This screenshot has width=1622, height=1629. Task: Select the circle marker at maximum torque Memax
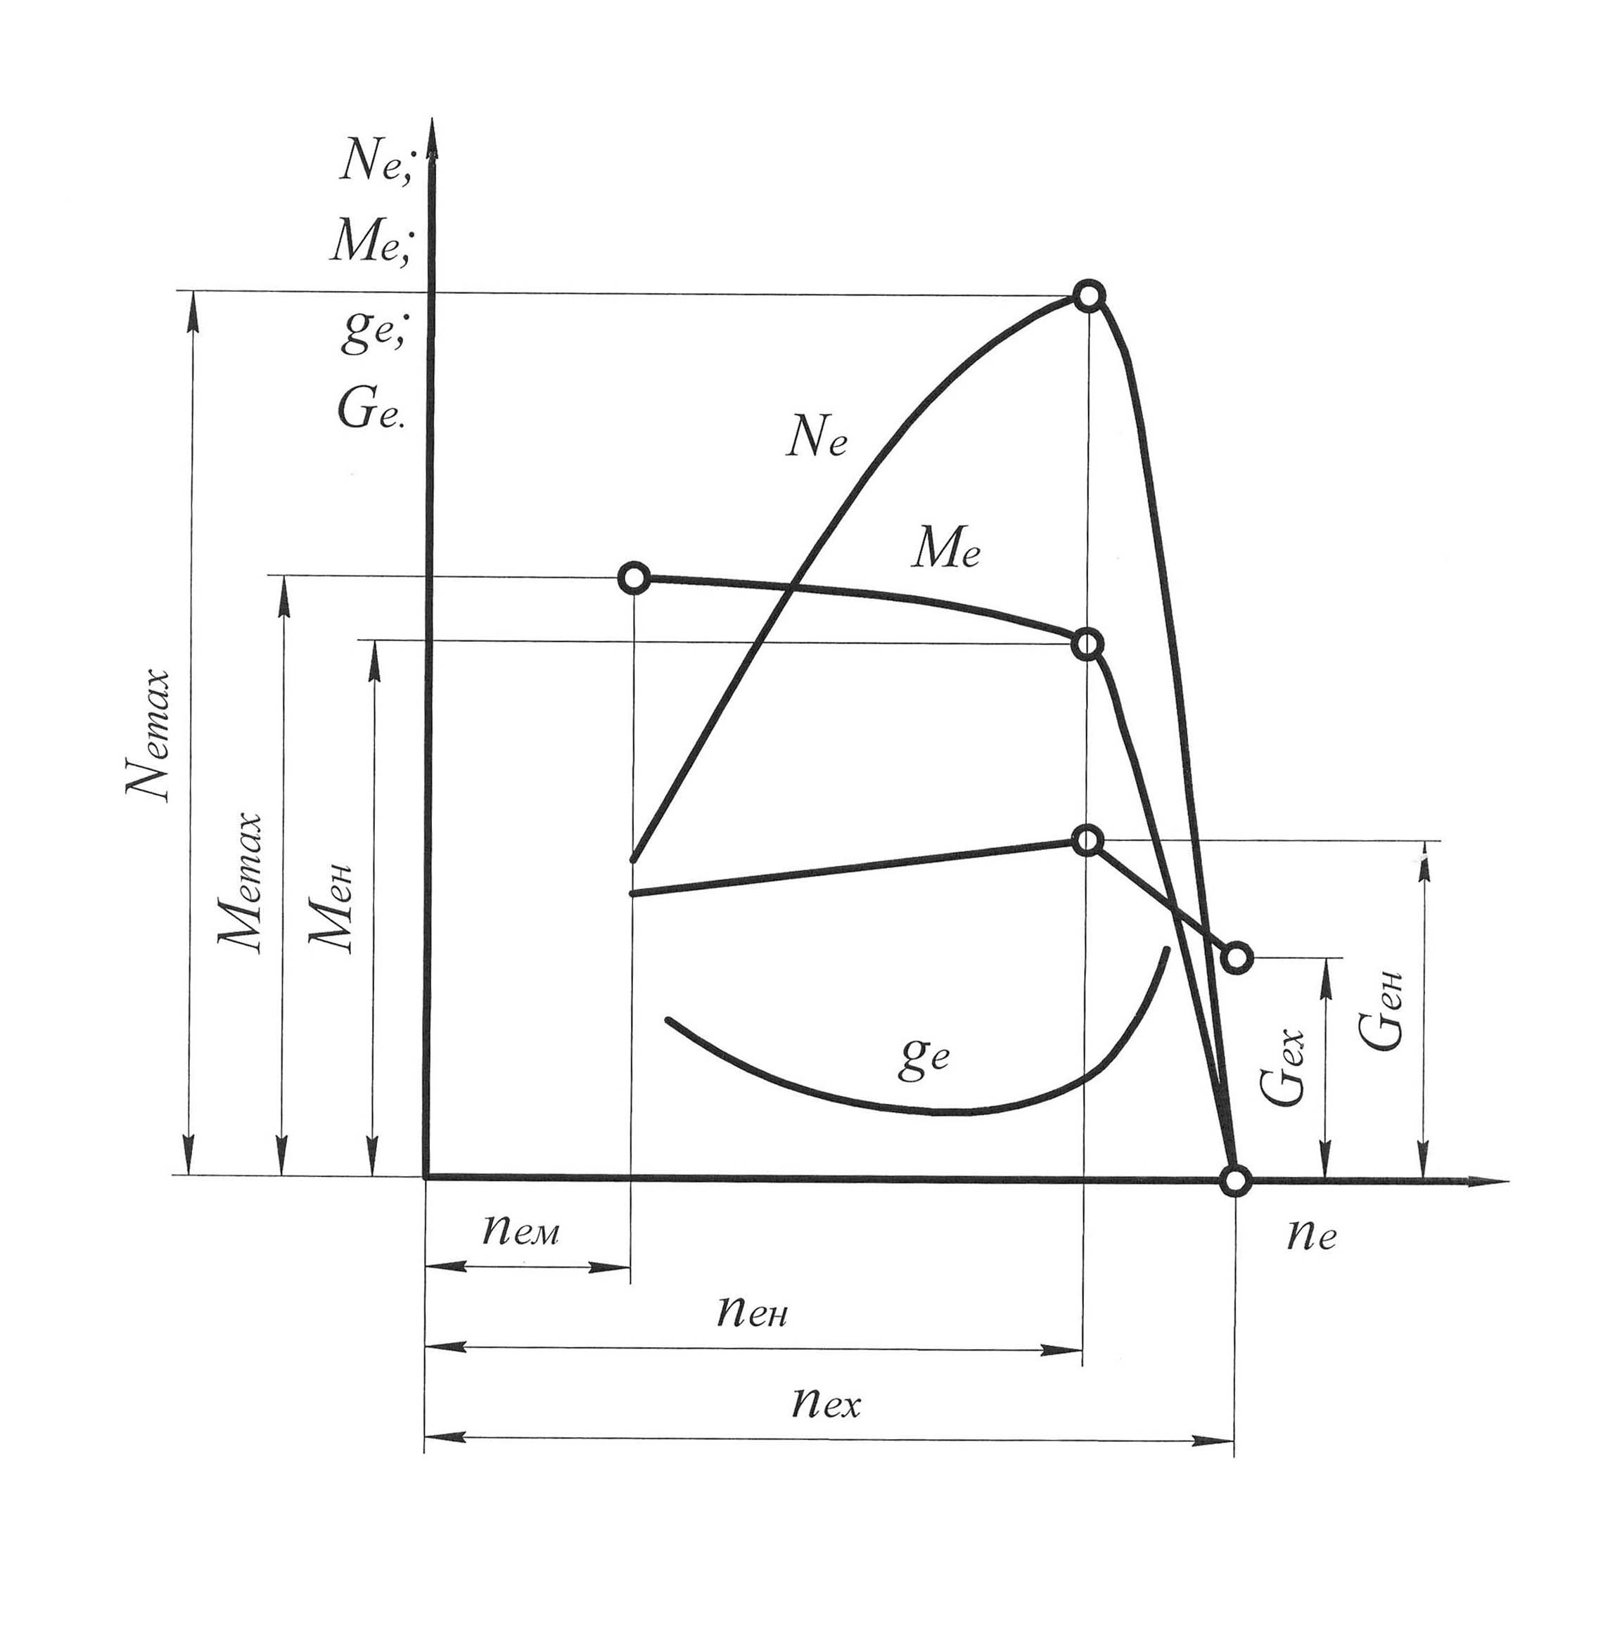tap(634, 579)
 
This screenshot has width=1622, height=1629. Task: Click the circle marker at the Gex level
tap(1237, 957)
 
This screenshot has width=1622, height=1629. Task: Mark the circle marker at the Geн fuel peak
tap(1088, 841)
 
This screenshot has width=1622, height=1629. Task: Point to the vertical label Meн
tap(331, 907)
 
